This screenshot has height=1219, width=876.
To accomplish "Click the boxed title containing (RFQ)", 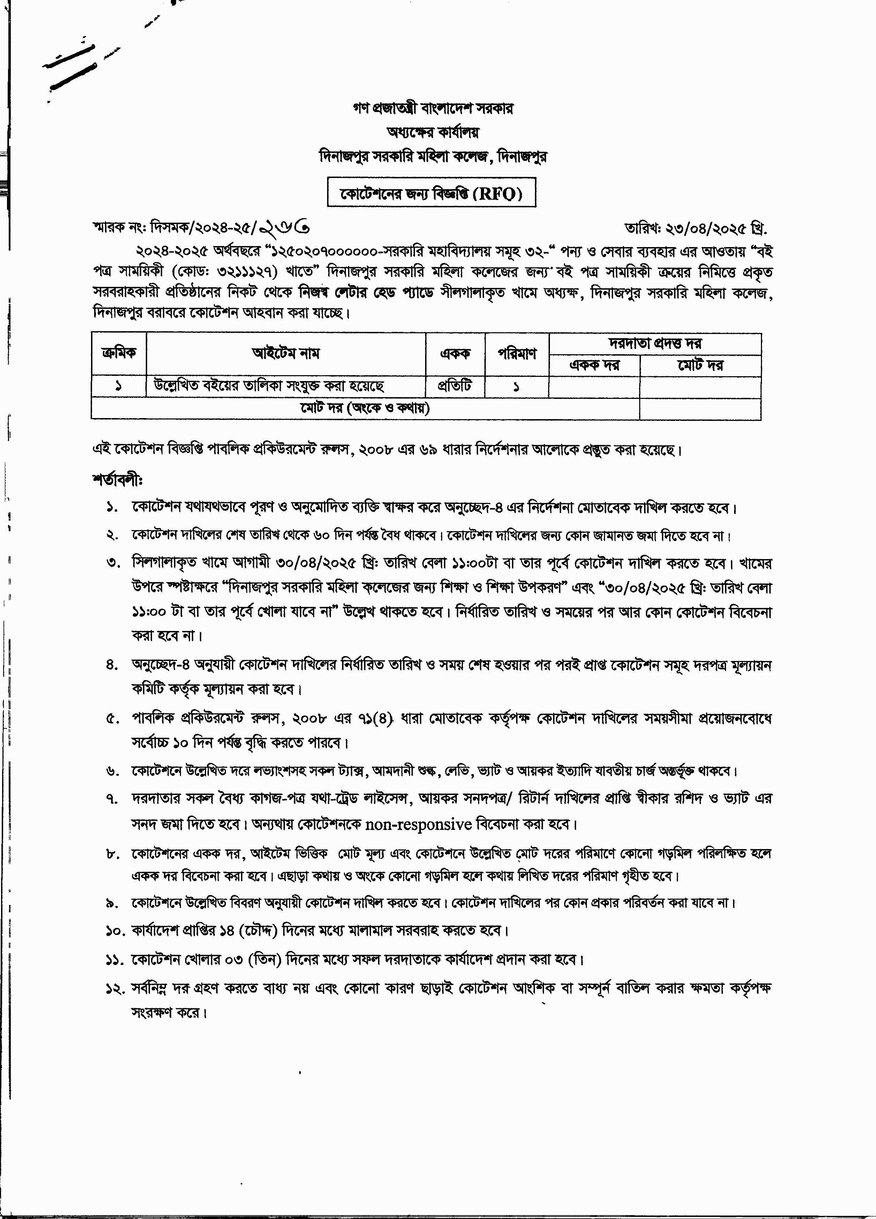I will [432, 193].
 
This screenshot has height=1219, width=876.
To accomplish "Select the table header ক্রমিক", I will [119, 353].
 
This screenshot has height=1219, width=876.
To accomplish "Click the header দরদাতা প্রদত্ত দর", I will [655, 343].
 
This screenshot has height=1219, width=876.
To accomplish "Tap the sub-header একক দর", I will [594, 365].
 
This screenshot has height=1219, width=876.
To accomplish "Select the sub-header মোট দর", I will [700, 365].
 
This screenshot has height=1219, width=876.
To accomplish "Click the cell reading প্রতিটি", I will [455, 386].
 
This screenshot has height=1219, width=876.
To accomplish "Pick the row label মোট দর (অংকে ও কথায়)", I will [365, 408].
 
